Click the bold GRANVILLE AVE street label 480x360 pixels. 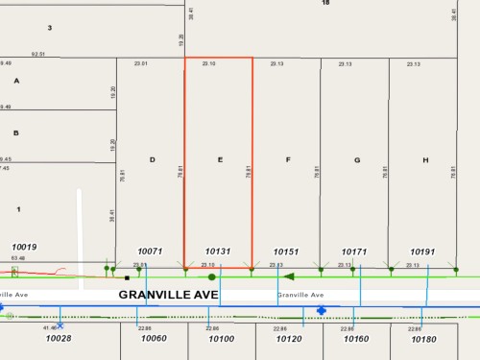[x=168, y=295]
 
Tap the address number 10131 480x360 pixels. [x=220, y=252]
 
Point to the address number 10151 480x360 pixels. [x=287, y=252]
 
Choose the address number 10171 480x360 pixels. [x=355, y=252]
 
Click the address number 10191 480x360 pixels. [x=423, y=252]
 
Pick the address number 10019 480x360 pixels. [x=24, y=247]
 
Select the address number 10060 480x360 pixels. [x=154, y=339]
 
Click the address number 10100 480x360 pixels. [x=221, y=339]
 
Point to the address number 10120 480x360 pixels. [x=289, y=339]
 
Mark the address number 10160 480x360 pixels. [x=355, y=339]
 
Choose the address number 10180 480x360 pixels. [x=423, y=339]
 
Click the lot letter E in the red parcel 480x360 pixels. [x=221, y=159]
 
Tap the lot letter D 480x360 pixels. [x=152, y=159]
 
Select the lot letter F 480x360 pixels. [x=288, y=159]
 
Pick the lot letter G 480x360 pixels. [x=356, y=159]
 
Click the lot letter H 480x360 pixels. [x=425, y=159]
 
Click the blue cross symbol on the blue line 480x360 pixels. [x=321, y=310]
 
